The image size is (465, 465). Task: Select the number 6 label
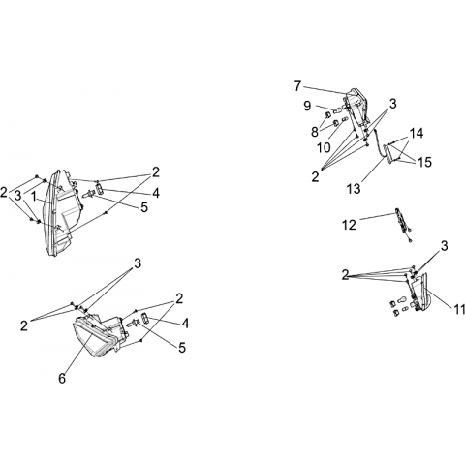pos(62,378)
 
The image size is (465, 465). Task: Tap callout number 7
pos(298,86)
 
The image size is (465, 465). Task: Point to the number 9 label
pos(307,106)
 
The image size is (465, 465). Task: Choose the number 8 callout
pos(315,132)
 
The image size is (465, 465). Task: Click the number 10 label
pos(324,147)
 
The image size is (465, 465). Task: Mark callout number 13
pos(354,189)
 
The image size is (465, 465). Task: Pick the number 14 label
pos(417,133)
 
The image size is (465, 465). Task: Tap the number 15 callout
pos(424,162)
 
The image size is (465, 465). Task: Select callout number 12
pos(349,225)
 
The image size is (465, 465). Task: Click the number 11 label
pos(458,309)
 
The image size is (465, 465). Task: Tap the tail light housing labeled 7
pos(357,108)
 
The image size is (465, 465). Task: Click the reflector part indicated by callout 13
pos(392,152)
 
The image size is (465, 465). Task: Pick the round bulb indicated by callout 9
pos(336,109)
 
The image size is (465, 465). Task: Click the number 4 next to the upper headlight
pos(156,193)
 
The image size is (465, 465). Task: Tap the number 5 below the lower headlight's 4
pos(182,348)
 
